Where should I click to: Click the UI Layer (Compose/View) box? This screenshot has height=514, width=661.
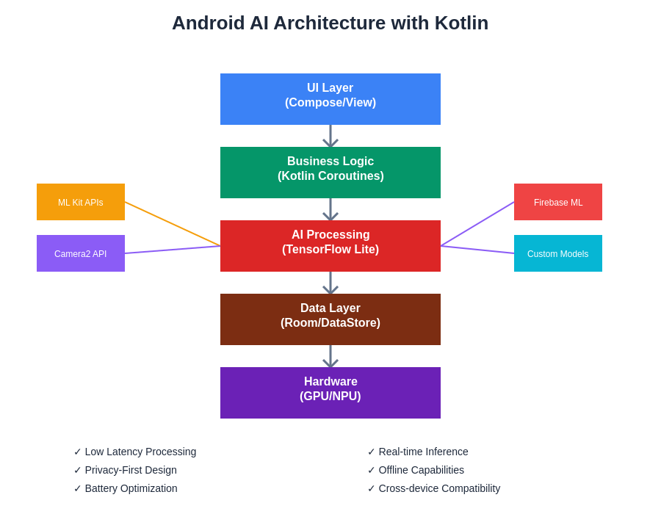coord(330,99)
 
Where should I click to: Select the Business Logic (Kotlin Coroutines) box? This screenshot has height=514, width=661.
coord(330,173)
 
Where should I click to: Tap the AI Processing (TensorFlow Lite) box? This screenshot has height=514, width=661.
coord(330,246)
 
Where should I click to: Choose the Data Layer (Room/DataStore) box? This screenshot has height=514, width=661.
coord(330,319)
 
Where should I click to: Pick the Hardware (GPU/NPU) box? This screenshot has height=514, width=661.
coord(330,393)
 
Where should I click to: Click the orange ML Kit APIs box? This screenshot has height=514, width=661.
coord(81,202)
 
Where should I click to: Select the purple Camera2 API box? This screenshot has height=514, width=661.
coord(81,253)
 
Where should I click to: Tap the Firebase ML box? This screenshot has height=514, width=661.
coord(558,202)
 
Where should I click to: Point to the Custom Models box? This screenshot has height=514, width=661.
coord(558,253)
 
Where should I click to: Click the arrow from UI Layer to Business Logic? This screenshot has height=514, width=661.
coord(330,137)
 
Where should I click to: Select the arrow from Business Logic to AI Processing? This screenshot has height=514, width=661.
coord(330,210)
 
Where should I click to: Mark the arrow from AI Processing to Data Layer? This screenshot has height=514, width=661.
coord(330,283)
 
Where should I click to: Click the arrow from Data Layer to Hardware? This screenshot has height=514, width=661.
coord(330,357)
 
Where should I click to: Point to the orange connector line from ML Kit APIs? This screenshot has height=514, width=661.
coord(173,224)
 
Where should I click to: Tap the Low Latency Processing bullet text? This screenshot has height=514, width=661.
coord(140,452)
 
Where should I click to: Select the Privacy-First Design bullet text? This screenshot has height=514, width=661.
coord(131,470)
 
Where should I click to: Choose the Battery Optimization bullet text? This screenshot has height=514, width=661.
coord(131,488)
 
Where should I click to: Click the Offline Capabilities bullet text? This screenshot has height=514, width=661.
coord(421,470)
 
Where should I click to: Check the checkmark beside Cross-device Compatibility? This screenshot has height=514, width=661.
coord(371,488)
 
